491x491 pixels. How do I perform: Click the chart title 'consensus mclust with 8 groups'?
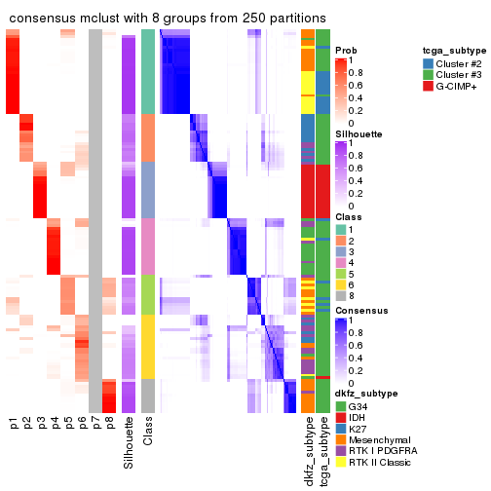pos(168,17)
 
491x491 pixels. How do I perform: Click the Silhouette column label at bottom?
pos(129,444)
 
